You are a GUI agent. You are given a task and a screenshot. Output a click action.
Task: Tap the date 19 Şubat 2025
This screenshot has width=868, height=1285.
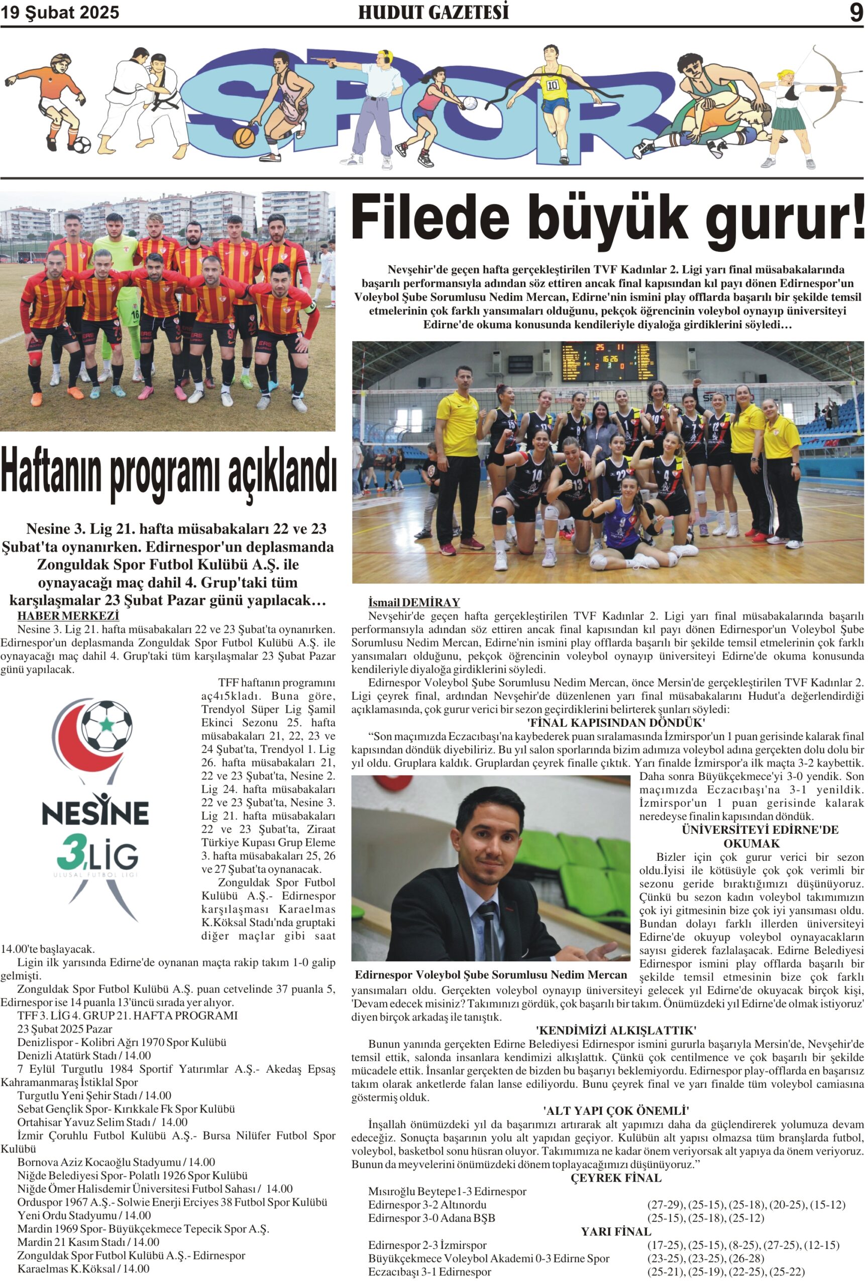(x=60, y=13)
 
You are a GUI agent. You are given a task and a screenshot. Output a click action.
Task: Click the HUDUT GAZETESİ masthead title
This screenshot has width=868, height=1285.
(x=433, y=13)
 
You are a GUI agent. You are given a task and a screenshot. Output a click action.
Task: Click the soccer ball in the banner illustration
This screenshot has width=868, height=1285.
(x=81, y=146)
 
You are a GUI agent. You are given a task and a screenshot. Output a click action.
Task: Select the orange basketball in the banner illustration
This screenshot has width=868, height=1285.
(x=244, y=138)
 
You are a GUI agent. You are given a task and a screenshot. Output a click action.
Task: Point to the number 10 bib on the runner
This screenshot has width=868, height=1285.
(x=553, y=86)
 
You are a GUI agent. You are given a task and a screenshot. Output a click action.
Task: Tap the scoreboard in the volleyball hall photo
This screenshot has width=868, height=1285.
(x=606, y=362)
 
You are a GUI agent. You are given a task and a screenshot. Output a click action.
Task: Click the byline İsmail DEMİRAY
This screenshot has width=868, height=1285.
(x=414, y=602)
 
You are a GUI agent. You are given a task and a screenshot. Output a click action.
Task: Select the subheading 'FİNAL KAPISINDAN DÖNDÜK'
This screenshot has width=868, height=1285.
(x=616, y=723)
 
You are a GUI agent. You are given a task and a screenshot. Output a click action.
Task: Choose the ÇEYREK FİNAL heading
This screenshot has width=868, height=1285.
(x=616, y=1178)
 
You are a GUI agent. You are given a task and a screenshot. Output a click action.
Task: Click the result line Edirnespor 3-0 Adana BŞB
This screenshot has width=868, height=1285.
(x=431, y=1218)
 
